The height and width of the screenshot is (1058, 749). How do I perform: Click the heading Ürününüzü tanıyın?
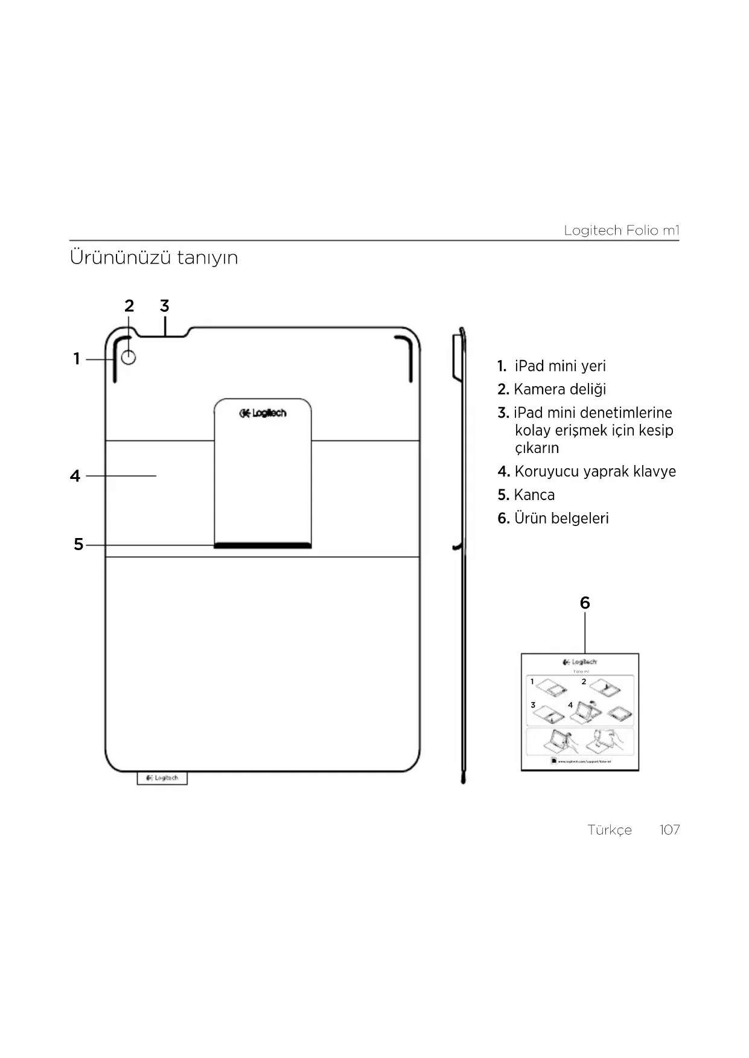coord(154,258)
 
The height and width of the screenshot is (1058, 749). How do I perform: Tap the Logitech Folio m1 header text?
coord(621,230)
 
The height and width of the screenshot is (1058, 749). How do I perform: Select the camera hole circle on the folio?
coord(129,358)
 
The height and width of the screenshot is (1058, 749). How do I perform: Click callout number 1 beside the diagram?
coord(77,359)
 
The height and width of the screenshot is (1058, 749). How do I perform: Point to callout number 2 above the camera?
coord(129,306)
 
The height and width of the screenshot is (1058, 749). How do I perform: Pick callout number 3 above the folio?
coord(164,306)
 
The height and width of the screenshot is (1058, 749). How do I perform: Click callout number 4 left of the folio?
coord(75,476)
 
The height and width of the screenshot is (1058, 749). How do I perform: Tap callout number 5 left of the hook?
coord(78,545)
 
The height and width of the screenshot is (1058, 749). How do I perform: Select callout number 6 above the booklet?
coord(584,603)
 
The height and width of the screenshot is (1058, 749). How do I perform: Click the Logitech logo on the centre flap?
coord(263,413)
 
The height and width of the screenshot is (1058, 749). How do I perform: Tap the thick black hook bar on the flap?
coord(263,545)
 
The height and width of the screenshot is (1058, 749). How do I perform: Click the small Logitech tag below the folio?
coord(162,778)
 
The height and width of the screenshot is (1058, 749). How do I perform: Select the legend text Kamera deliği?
coord(559,390)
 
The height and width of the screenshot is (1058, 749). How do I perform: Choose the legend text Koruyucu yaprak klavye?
coord(594,472)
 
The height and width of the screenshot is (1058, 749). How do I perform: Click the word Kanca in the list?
coord(534,495)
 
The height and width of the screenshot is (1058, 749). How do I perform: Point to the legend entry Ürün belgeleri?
coord(561,519)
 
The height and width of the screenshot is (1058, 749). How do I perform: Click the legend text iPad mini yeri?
coord(559,366)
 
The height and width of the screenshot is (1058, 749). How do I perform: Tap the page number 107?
coord(669,830)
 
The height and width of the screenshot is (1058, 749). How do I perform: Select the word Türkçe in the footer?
coord(610,830)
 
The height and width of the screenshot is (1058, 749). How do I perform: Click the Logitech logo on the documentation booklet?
coord(579,662)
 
